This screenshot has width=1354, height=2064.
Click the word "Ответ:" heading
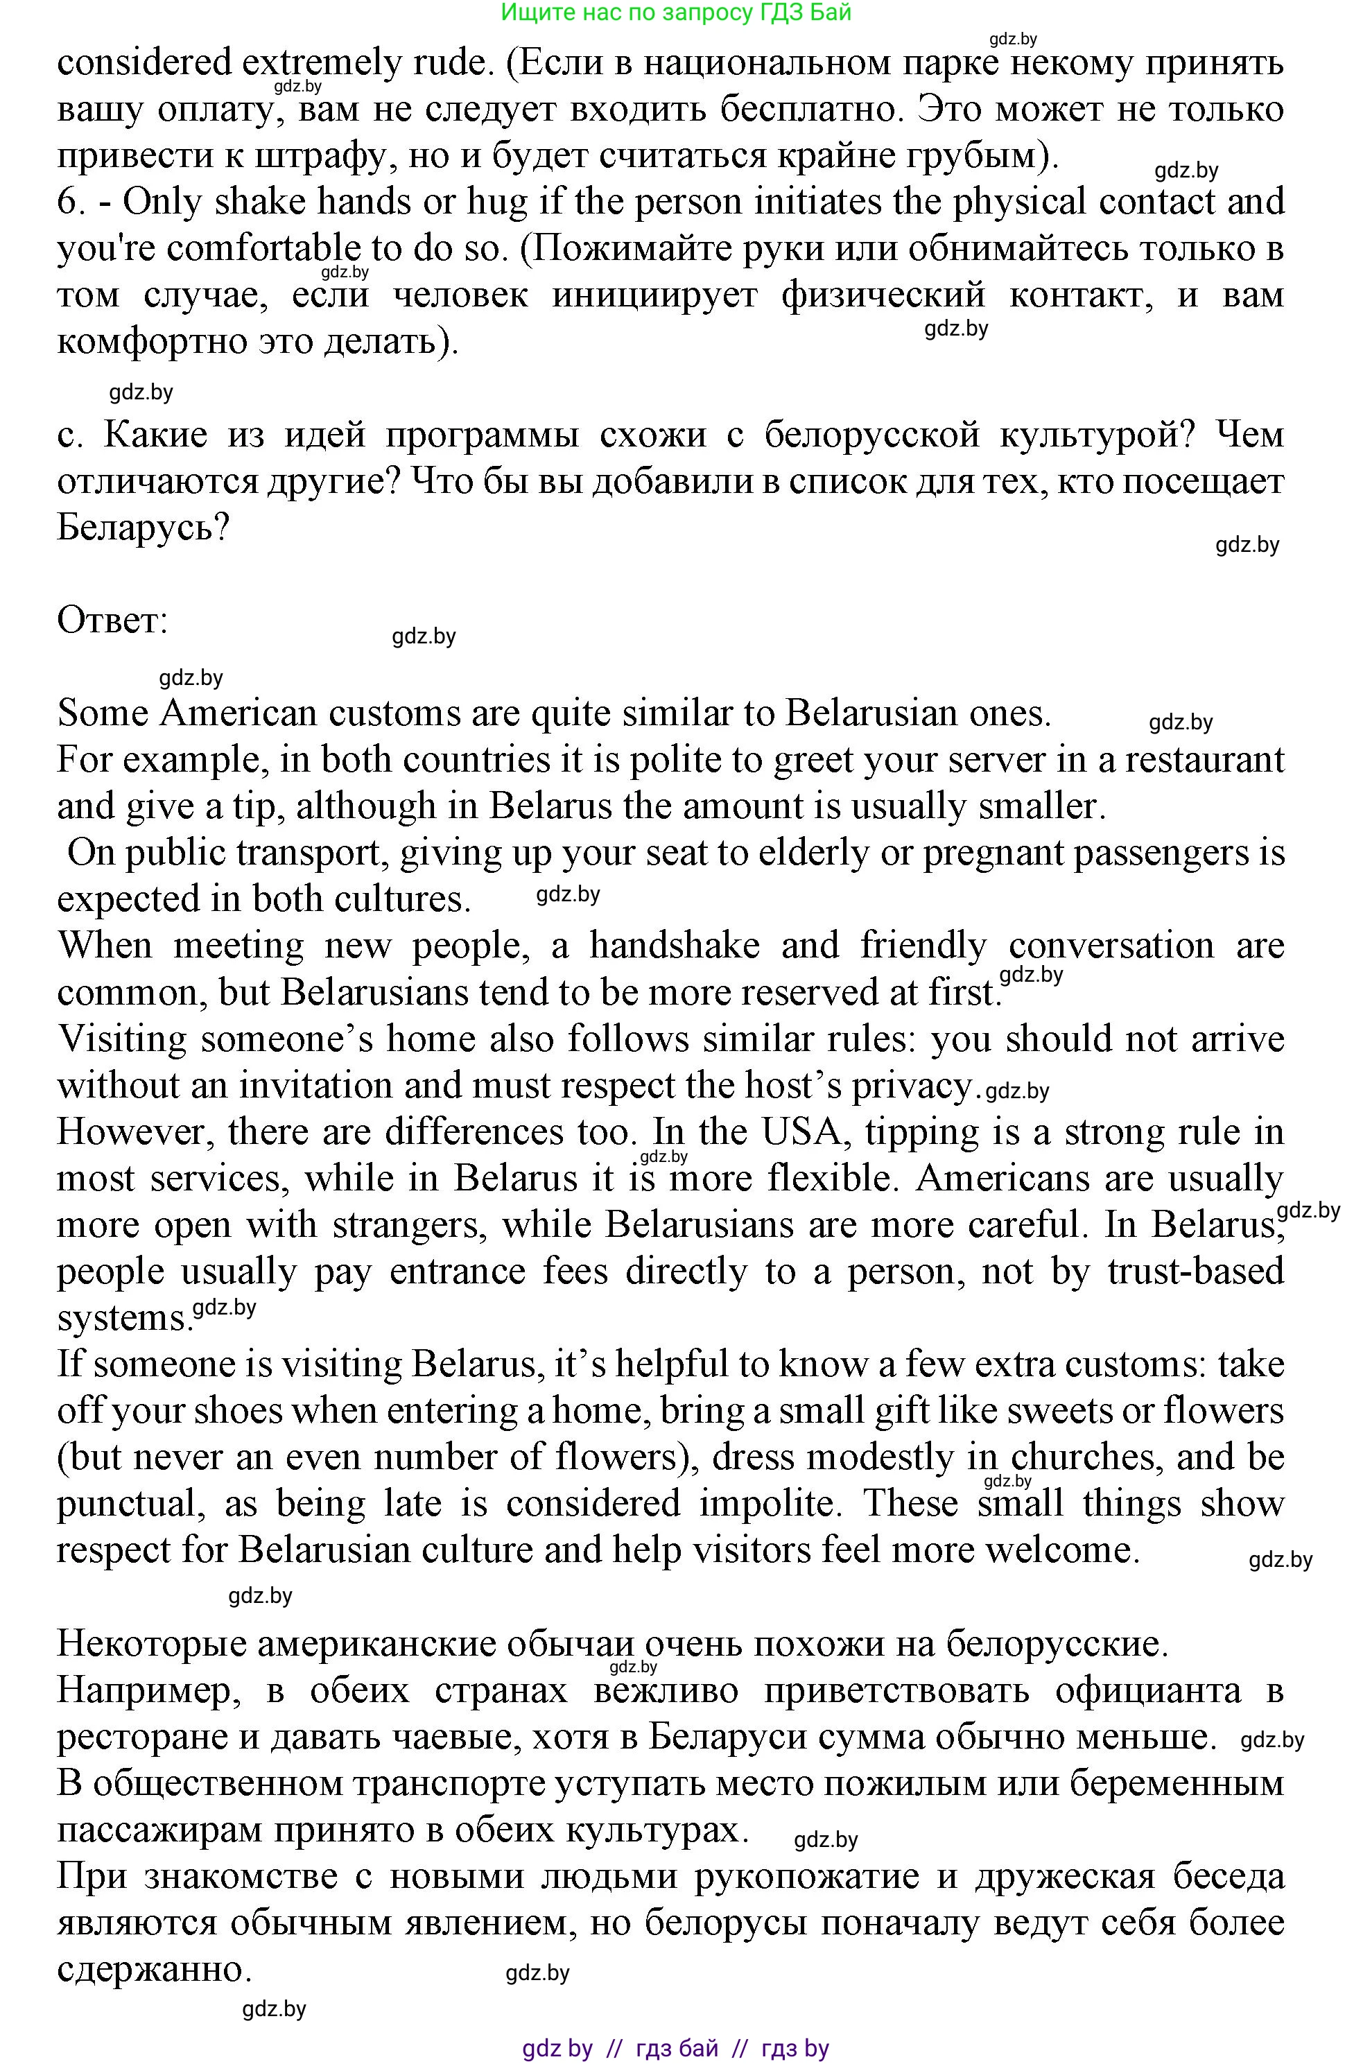[x=112, y=621]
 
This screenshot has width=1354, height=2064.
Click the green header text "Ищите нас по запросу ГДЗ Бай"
[x=677, y=12]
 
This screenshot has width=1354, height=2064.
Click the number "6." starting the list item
[x=72, y=202]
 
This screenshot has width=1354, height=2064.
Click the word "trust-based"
[x=1195, y=1272]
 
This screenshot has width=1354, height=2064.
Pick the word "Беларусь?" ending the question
[x=142, y=528]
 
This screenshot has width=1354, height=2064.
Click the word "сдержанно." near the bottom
[x=155, y=1970]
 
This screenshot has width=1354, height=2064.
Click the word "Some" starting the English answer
[x=101, y=713]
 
